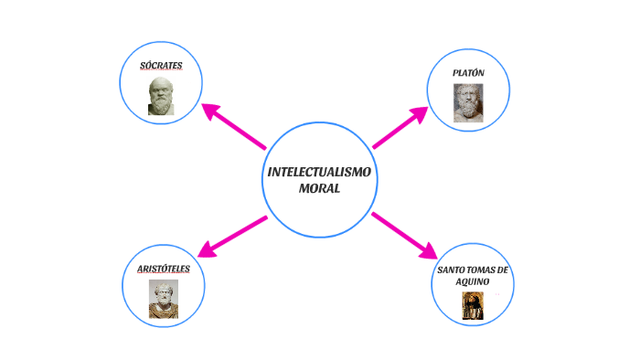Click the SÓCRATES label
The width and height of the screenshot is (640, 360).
click(x=162, y=66)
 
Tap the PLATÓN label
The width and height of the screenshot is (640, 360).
click(x=468, y=72)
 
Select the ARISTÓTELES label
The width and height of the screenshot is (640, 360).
click(x=164, y=268)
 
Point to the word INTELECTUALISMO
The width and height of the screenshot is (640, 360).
click(x=320, y=174)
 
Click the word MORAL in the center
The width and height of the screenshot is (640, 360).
click(x=320, y=189)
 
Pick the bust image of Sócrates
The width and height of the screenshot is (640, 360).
click(x=162, y=95)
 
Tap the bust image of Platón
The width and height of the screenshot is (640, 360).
click(x=467, y=102)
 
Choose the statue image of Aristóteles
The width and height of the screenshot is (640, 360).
click(x=164, y=299)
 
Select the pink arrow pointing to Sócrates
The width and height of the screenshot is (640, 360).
click(x=235, y=126)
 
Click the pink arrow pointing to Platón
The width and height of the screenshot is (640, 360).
click(x=401, y=127)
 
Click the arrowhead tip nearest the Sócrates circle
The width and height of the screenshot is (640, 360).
click(x=205, y=106)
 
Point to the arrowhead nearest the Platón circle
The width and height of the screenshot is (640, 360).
click(x=426, y=109)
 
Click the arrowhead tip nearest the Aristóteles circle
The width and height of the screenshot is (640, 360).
click(x=201, y=253)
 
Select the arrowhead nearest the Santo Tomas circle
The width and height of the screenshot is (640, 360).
click(x=434, y=255)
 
